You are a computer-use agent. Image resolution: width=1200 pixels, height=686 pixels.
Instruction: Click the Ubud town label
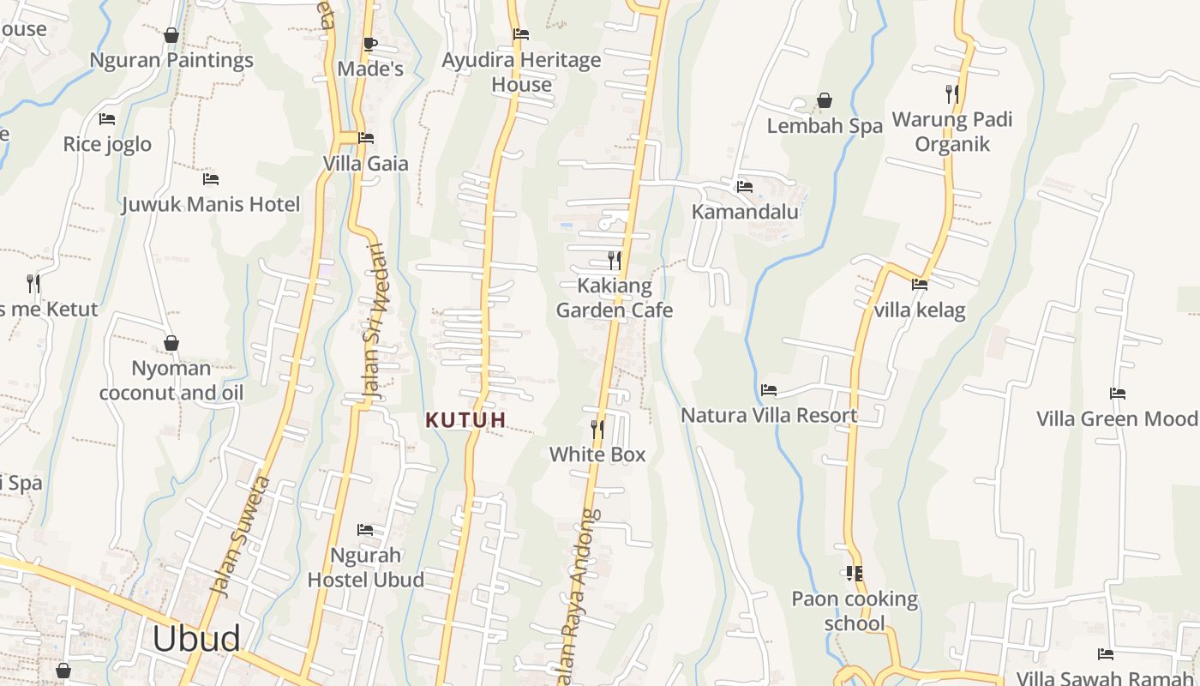coord(196,639)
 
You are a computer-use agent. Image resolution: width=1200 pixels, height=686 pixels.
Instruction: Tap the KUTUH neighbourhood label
coord(466,420)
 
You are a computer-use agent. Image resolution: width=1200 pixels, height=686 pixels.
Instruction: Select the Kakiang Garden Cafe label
coord(615,298)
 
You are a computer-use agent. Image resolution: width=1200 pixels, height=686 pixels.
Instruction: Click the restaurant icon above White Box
coord(597,429)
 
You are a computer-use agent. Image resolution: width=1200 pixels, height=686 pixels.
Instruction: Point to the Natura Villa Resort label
coord(769,415)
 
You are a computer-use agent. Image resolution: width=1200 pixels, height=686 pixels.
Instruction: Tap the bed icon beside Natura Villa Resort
coord(769,390)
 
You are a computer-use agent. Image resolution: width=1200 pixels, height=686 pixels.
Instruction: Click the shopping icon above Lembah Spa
coord(825,101)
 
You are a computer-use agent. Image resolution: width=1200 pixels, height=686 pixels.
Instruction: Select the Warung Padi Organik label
coord(952,131)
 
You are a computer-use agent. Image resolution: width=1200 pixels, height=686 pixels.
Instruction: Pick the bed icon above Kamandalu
coord(744,186)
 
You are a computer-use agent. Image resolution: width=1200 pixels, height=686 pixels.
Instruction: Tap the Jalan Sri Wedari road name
coord(374,322)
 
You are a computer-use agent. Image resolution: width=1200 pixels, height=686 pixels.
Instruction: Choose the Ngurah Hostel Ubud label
coord(365,567)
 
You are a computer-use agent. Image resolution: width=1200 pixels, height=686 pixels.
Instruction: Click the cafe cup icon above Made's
coord(370,44)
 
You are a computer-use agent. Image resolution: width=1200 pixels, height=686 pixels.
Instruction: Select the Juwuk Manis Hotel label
coord(211,204)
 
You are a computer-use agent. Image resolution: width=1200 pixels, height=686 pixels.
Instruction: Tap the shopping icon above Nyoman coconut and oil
coord(171,344)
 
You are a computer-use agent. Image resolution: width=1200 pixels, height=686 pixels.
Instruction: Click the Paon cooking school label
coord(855,611)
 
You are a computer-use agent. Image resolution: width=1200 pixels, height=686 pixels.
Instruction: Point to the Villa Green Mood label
coord(1118,418)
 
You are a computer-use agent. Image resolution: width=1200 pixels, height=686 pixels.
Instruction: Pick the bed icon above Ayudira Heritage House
coord(521,34)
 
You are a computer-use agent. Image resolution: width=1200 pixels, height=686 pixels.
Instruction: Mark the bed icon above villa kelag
coord(920,284)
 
